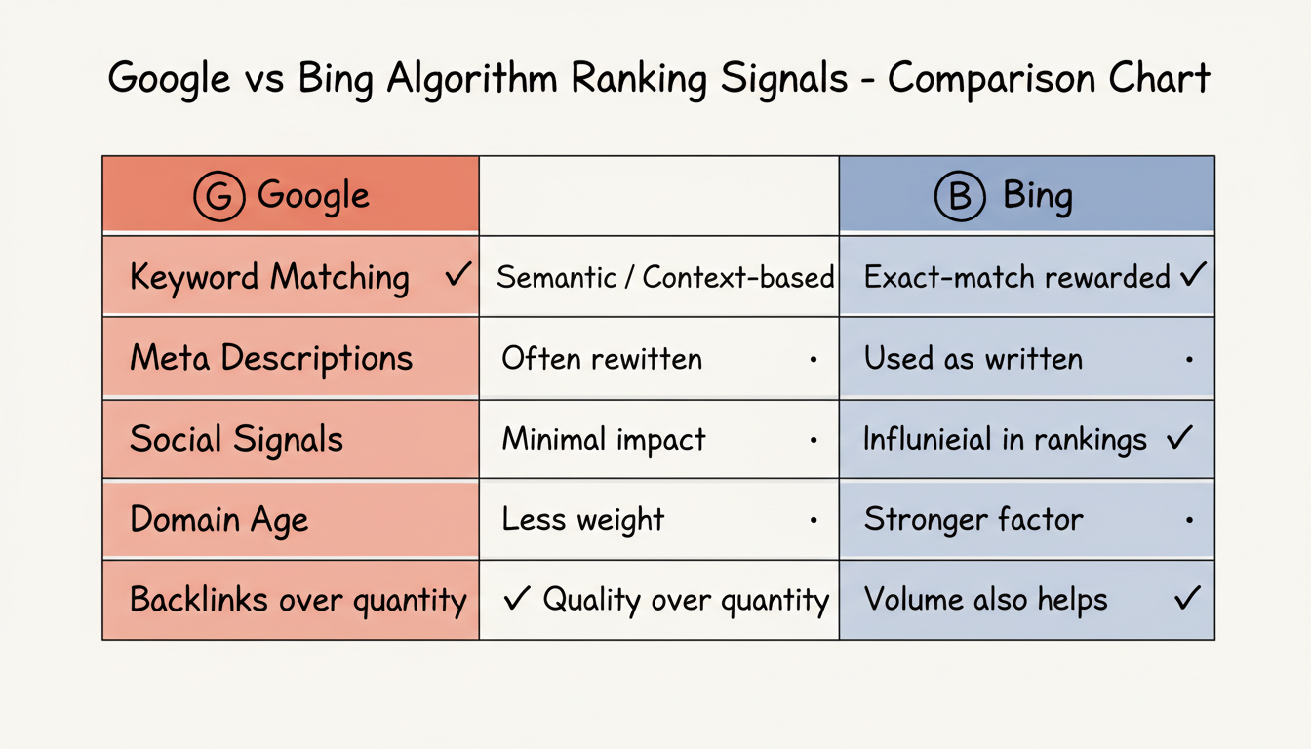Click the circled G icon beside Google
(219, 196)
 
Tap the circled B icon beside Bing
(960, 196)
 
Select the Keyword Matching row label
(269, 278)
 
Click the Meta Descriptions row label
(271, 358)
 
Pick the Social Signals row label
(236, 439)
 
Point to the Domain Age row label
(218, 519)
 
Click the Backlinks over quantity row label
(298, 599)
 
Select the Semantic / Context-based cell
(664, 278)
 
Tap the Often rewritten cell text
(601, 359)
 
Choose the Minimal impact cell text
(603, 439)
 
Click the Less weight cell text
(582, 519)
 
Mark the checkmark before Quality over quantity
(516, 599)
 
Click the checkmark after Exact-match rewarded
(1192, 276)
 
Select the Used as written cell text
(973, 359)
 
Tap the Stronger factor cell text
(973, 519)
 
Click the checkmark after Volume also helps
(1186, 598)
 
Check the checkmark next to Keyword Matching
(457, 276)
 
